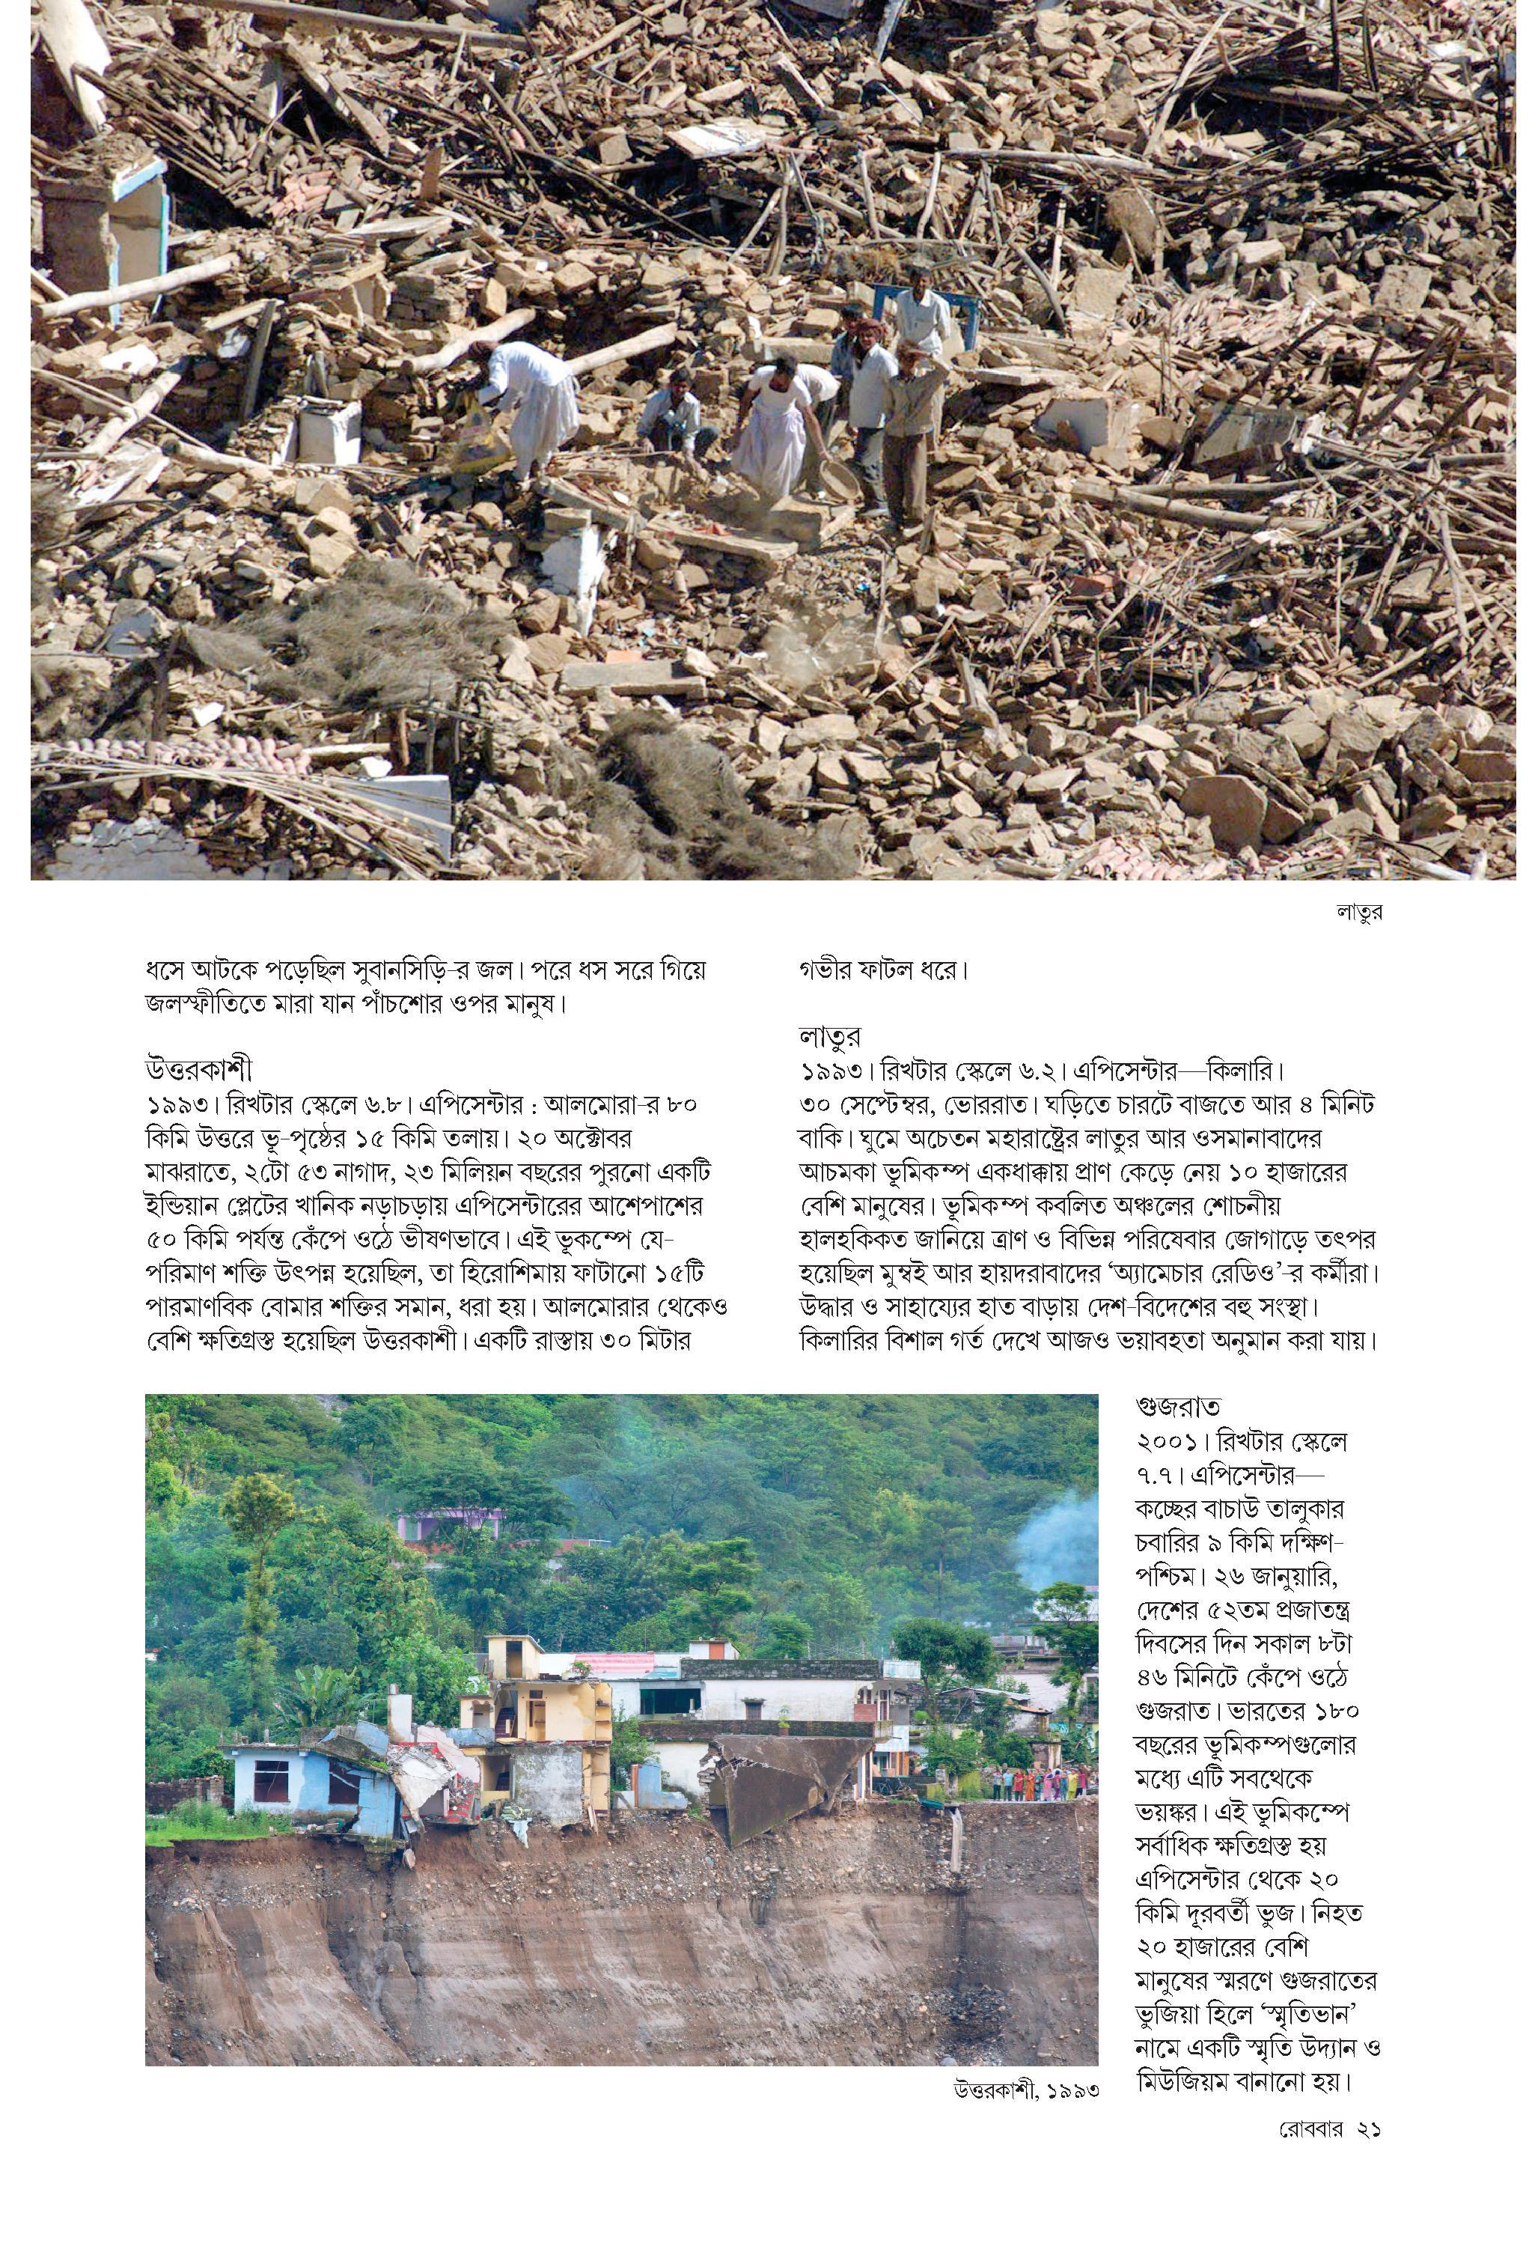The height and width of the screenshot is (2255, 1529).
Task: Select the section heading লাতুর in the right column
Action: [x=829, y=1036]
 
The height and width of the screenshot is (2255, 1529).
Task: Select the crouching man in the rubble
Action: [x=674, y=412]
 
